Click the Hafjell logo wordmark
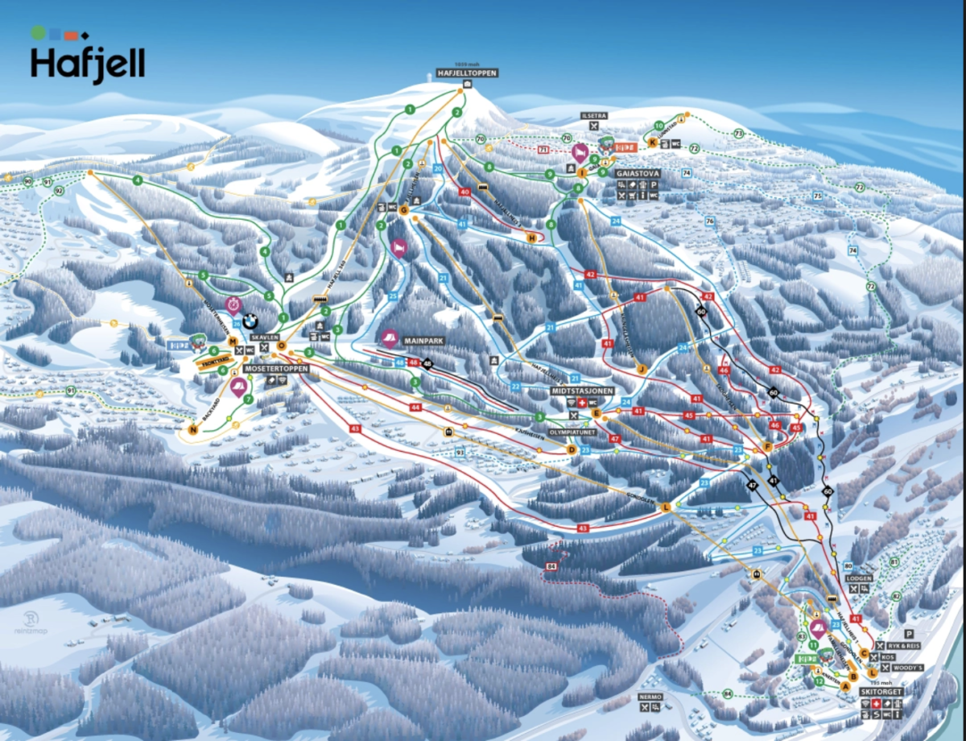point(88,64)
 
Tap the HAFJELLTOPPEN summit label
point(467,72)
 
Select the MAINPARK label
point(425,341)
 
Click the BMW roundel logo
point(250,321)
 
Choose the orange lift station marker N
point(192,429)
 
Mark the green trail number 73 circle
point(739,133)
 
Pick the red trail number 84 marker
point(551,568)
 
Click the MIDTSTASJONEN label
point(583,390)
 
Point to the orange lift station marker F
point(768,447)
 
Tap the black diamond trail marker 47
point(753,486)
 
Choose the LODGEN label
point(859,578)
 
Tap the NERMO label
point(650,696)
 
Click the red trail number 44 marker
point(415,408)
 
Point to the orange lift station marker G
point(403,210)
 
